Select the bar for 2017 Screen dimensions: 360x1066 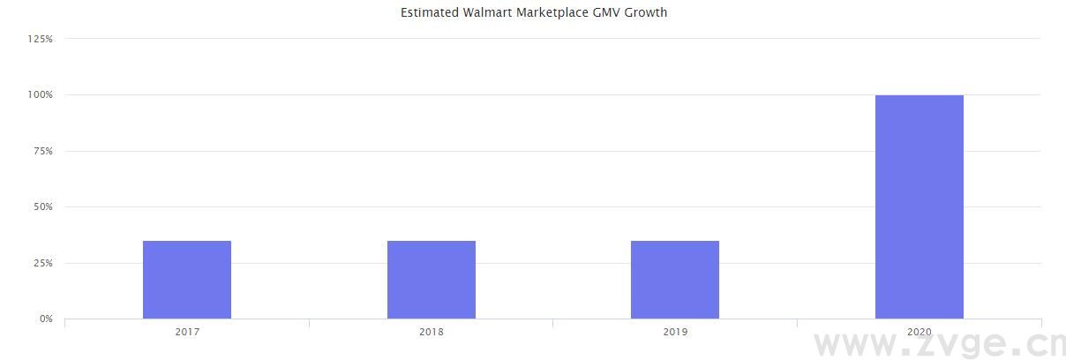(187, 280)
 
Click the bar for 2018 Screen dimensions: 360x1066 (432, 280)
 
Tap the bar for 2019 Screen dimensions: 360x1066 (675, 280)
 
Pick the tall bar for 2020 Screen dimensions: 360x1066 (920, 206)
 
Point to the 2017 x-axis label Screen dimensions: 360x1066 (187, 333)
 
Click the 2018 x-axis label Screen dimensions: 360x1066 (432, 333)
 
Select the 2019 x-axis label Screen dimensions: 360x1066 (675, 333)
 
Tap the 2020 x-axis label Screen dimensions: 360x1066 (920, 333)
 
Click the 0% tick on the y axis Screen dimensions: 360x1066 (46, 319)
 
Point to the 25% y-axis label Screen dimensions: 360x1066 (43, 263)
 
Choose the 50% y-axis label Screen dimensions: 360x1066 (43, 206)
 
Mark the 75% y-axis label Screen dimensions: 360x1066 (43, 151)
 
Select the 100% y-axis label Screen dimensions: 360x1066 (41, 94)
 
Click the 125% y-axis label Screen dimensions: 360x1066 (41, 39)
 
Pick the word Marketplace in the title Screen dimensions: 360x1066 (554, 12)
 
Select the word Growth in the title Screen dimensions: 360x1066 (646, 12)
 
